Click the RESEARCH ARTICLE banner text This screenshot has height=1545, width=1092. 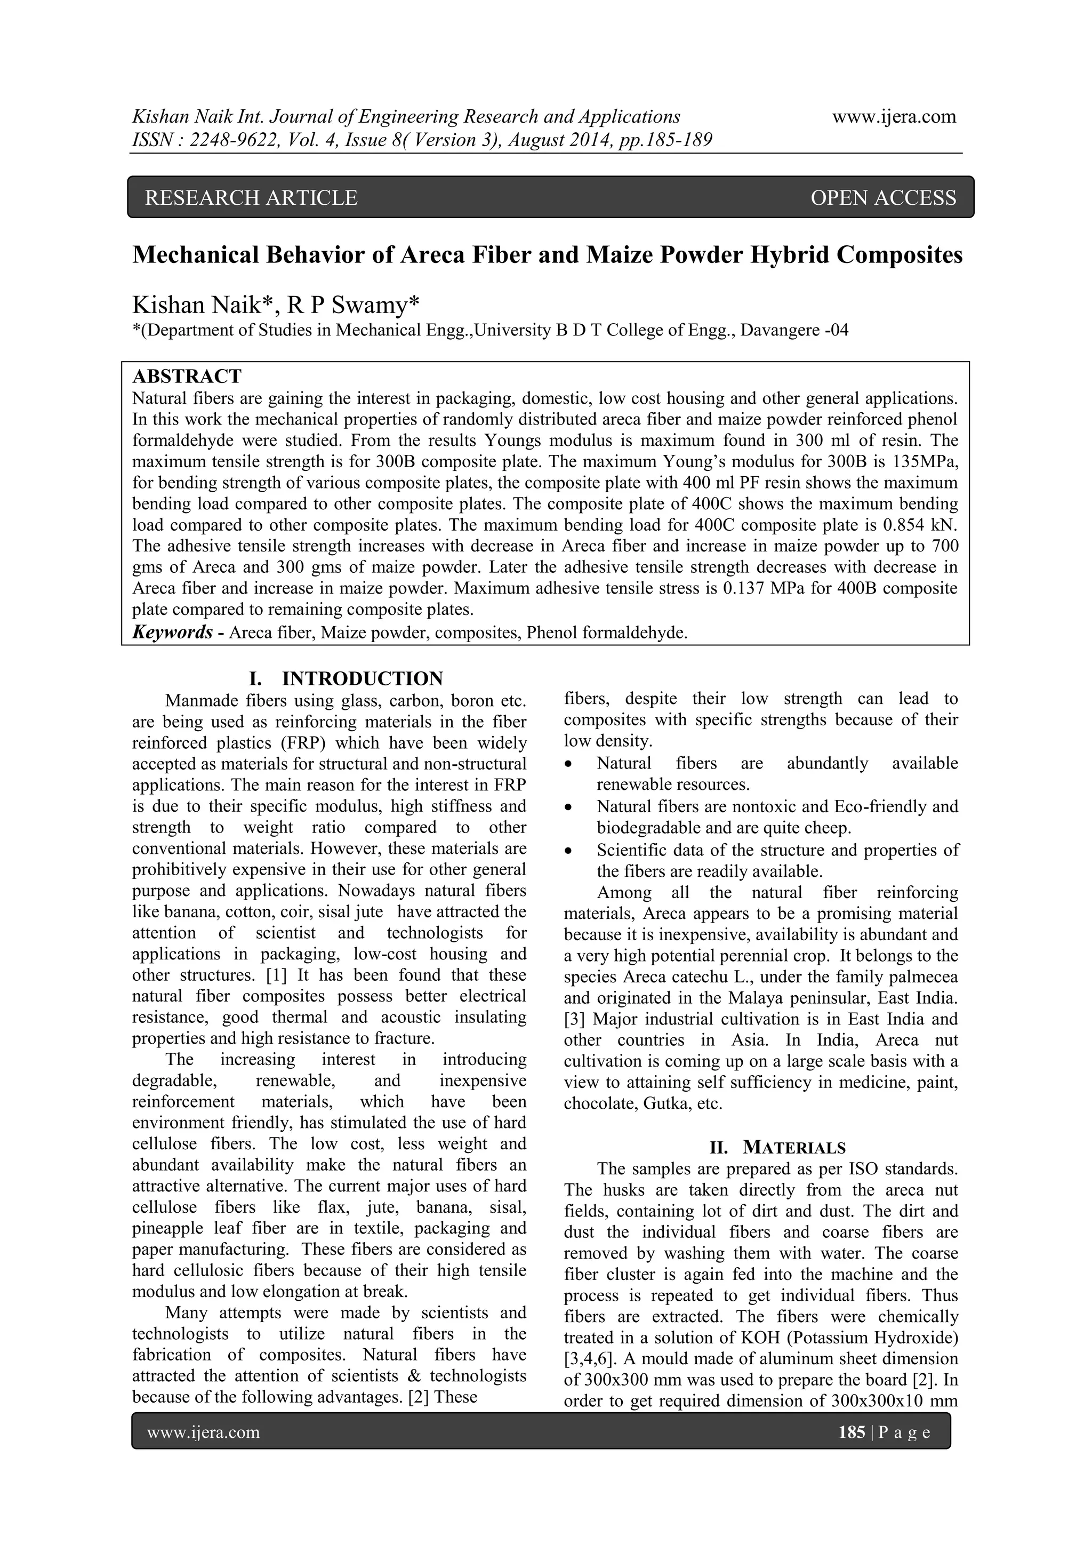click(x=251, y=198)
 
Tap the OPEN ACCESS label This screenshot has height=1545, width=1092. click(x=883, y=198)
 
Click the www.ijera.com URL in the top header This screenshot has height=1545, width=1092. click(x=894, y=117)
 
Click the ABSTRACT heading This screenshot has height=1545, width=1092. click(x=187, y=376)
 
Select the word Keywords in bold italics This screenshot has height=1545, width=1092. click(x=172, y=633)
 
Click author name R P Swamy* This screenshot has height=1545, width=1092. click(x=352, y=306)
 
